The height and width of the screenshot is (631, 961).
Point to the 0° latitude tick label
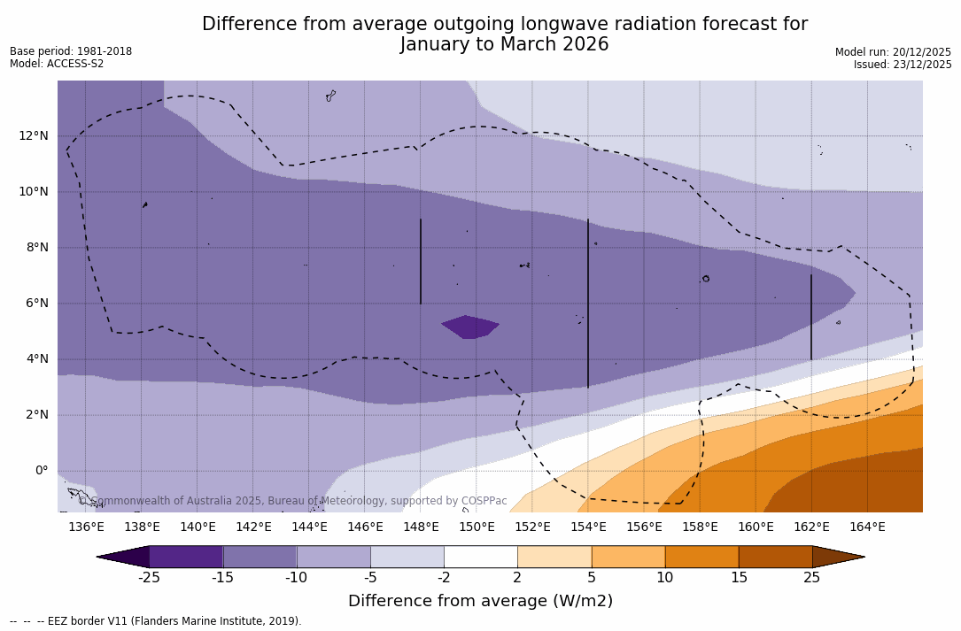(x=40, y=471)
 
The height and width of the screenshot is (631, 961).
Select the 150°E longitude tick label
(x=477, y=527)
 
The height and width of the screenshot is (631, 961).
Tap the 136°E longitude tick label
(x=86, y=527)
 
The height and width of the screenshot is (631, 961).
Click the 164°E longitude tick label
(x=867, y=527)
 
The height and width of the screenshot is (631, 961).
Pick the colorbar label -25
(x=149, y=578)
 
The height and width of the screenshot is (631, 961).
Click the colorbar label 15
(x=738, y=578)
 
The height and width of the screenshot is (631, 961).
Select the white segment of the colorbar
(x=480, y=557)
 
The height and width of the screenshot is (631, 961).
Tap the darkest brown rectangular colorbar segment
(x=775, y=557)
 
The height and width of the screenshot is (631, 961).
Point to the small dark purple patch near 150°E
(x=470, y=327)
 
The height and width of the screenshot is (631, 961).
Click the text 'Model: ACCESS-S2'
(x=57, y=64)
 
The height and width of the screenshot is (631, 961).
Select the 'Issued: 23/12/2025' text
(x=903, y=65)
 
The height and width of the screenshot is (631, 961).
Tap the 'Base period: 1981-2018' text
(x=71, y=51)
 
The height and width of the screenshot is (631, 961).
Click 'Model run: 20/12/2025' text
(x=893, y=52)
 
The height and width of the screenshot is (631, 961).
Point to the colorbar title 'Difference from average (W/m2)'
(x=480, y=601)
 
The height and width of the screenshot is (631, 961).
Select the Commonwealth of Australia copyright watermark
(x=293, y=501)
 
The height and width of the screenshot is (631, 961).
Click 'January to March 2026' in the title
(x=504, y=44)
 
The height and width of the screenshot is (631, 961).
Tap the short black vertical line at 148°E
(x=421, y=261)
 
